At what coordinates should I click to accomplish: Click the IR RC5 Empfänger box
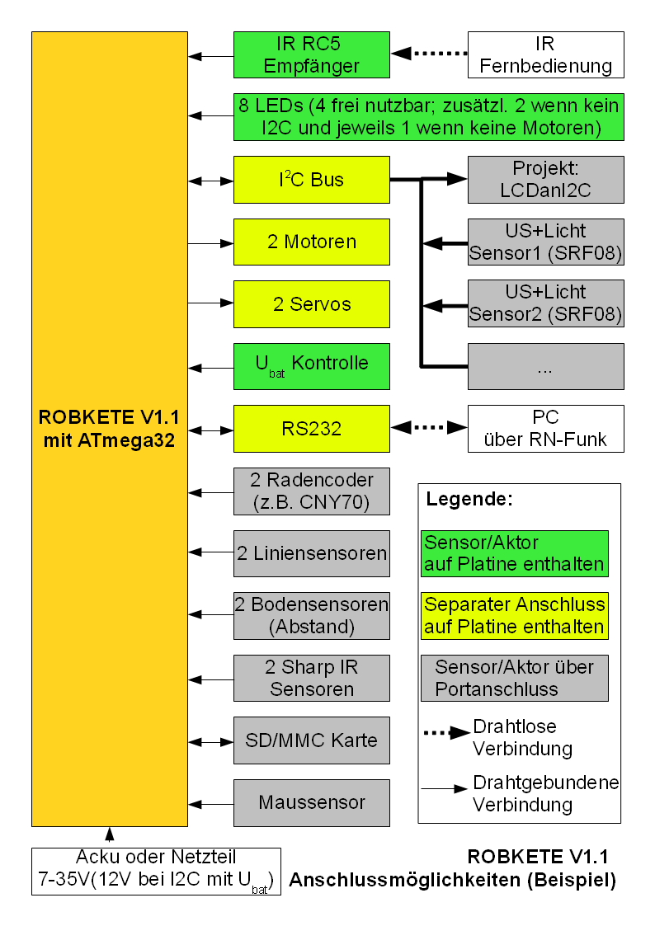(x=311, y=54)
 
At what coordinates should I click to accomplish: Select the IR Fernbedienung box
(x=545, y=54)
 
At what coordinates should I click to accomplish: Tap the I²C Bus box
(x=311, y=180)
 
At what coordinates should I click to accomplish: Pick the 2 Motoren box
(x=311, y=242)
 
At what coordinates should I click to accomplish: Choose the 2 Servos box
(x=311, y=303)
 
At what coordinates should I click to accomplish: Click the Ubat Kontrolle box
(x=311, y=365)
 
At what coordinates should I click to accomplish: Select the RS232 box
(x=311, y=428)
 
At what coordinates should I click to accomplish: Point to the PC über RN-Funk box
(x=545, y=428)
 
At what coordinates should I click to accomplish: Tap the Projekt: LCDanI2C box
(x=545, y=180)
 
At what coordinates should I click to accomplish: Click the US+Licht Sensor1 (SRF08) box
(x=545, y=242)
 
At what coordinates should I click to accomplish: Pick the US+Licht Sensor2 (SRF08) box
(x=545, y=303)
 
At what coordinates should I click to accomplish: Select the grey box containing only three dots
(x=545, y=366)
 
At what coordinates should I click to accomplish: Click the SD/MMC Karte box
(x=311, y=740)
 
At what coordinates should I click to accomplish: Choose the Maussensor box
(x=311, y=802)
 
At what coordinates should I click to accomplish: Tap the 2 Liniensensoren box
(x=311, y=553)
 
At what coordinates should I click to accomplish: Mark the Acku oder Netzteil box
(x=156, y=871)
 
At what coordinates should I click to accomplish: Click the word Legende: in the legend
(x=469, y=500)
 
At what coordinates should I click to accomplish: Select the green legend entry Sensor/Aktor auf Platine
(x=514, y=554)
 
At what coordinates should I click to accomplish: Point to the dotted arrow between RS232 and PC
(x=428, y=428)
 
